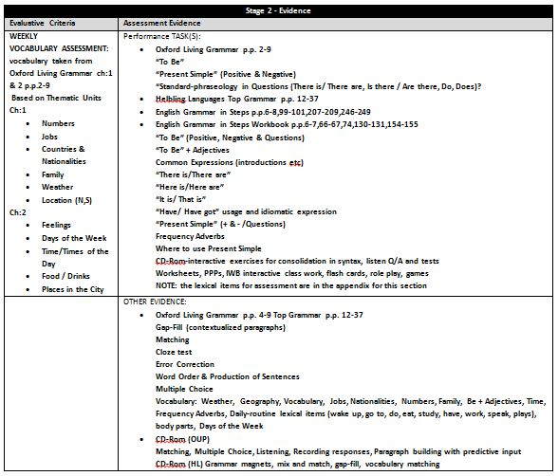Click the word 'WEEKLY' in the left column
(24, 34)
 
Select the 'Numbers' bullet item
(58, 123)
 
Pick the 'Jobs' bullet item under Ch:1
(51, 137)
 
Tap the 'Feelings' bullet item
(57, 226)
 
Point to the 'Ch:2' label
(18, 212)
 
